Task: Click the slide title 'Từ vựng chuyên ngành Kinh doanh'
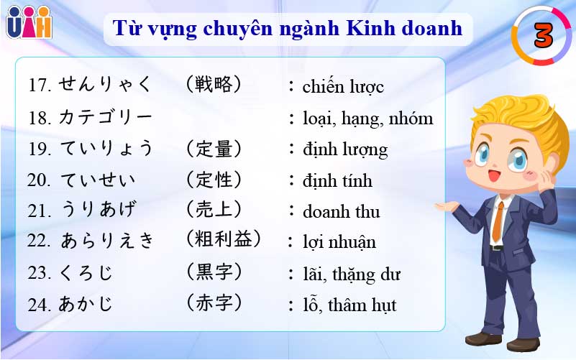pos(287,29)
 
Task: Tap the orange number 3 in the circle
pos(543,36)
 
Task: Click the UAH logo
pos(29,22)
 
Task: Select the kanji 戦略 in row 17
pos(214,84)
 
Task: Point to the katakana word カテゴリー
pos(106,117)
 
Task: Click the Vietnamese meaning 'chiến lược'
pos(343,87)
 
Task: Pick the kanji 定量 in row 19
pos(214,149)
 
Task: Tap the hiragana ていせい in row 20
pos(98,180)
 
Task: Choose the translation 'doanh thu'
pos(342,212)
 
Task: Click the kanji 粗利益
pos(224,239)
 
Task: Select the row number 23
pos(39,273)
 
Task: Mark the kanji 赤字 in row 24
pos(214,303)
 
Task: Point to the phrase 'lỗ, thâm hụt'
pos(349,305)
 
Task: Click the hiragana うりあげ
pos(99,209)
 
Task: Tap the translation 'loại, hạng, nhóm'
pos(368,119)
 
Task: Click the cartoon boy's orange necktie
pos(498,221)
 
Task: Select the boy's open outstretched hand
pos(447,206)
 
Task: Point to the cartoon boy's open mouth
pos(493,176)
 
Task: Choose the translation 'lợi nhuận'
pos(339,243)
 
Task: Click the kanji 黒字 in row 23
pos(214,272)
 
